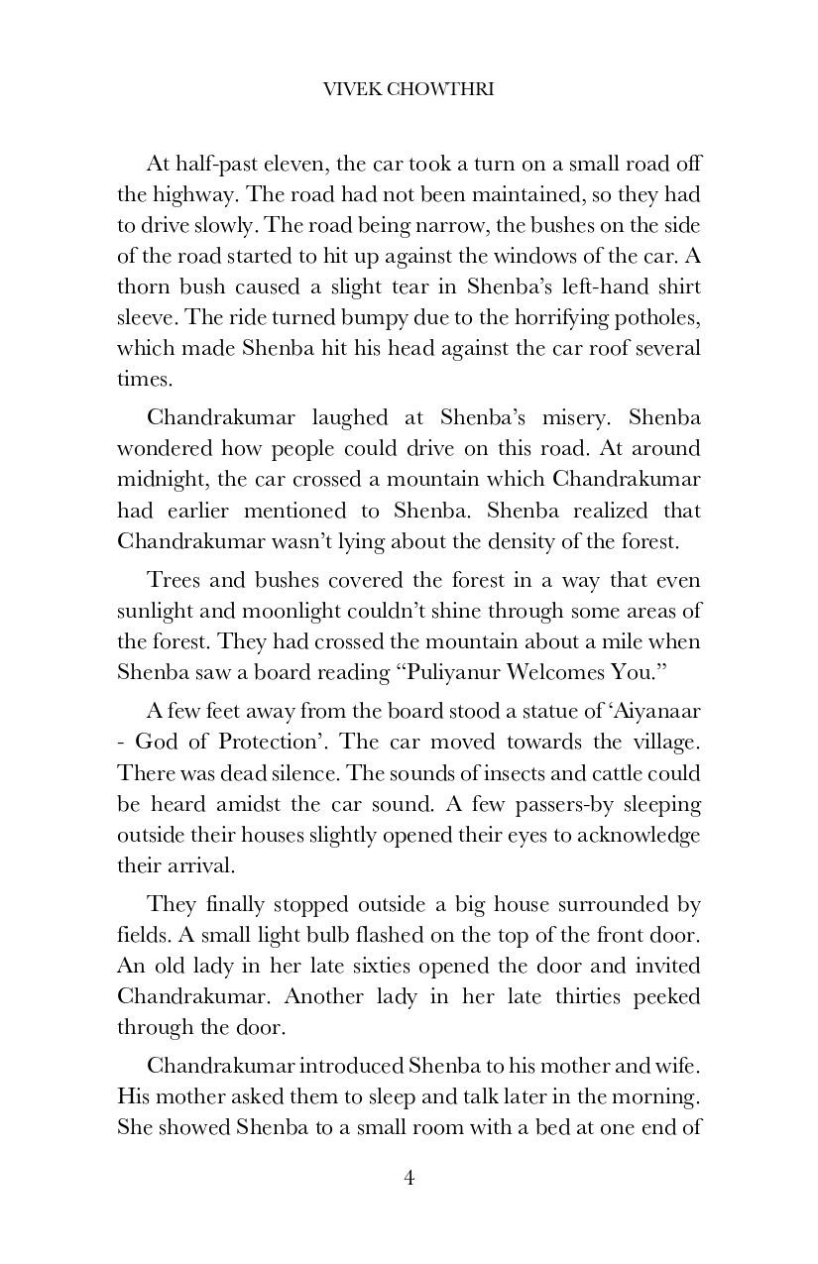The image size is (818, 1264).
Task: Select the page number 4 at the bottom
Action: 409,1178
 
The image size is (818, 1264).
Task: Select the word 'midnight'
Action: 158,480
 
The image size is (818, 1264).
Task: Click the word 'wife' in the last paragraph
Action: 674,1067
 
